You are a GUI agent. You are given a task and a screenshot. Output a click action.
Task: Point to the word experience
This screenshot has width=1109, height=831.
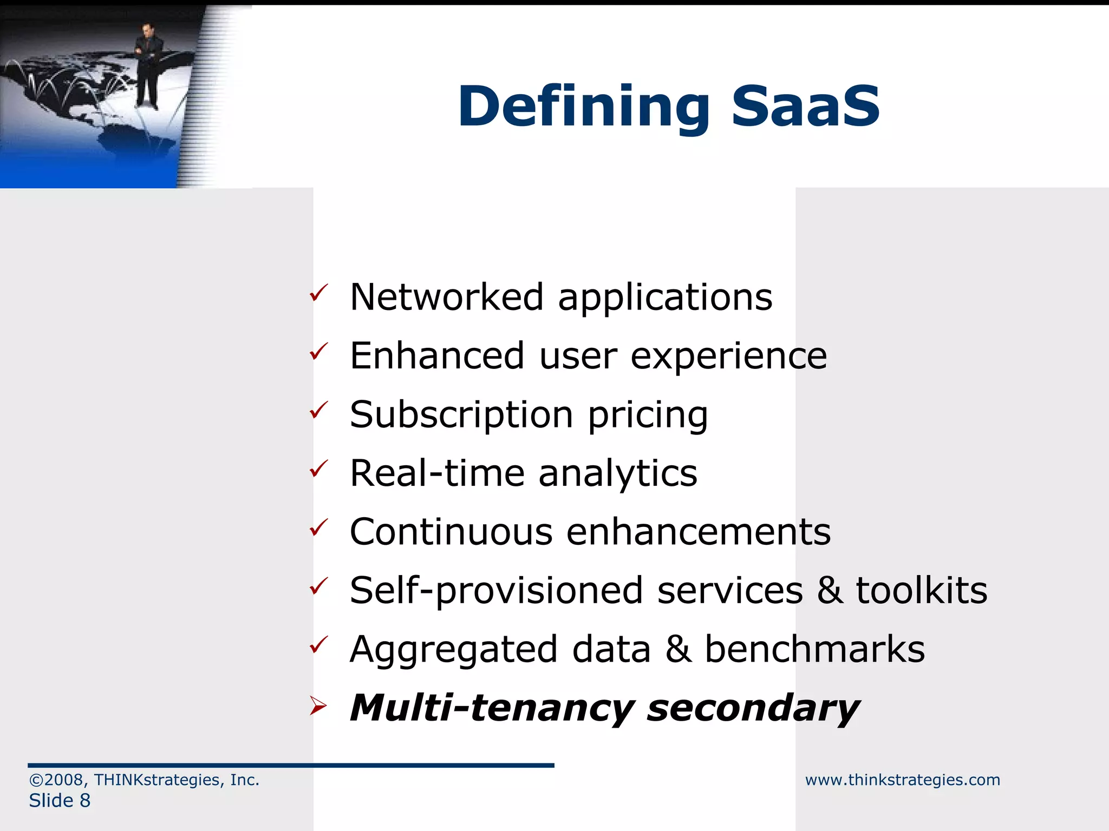coord(729,357)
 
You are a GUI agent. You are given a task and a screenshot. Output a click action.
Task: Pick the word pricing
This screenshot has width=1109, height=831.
coord(648,415)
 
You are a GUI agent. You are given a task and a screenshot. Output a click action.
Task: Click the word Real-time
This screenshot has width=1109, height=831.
coord(437,473)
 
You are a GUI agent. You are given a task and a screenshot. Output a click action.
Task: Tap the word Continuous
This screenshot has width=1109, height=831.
coord(451,532)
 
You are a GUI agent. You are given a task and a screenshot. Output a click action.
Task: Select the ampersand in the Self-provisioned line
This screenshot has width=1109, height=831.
coord(829,590)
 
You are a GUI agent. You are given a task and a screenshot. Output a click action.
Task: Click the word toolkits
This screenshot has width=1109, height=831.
coord(922,590)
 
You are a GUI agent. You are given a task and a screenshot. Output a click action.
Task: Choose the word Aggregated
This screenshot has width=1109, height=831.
coord(453,650)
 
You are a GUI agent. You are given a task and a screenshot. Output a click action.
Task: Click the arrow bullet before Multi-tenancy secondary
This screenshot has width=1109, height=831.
coord(318,706)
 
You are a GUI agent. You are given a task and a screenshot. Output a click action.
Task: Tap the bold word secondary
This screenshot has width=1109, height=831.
coord(753,708)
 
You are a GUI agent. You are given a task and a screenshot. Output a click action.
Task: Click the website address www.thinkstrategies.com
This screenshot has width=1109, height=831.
coord(902,780)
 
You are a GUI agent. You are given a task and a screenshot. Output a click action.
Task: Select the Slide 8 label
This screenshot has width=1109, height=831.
coord(60,801)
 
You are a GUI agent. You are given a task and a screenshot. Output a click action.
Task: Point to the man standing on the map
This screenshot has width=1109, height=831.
coord(147,65)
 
